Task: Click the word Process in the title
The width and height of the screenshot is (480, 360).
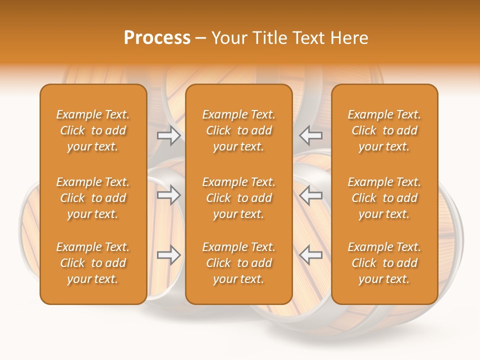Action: pos(157,38)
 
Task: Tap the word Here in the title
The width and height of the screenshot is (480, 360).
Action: pos(350,38)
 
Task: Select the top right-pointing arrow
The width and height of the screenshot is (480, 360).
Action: pos(168,135)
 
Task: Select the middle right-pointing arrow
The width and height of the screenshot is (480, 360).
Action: pos(168,195)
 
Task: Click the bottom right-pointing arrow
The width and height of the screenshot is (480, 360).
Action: pos(168,255)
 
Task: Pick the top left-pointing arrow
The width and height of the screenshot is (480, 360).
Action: pos(311,135)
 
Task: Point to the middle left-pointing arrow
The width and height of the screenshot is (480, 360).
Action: pos(311,195)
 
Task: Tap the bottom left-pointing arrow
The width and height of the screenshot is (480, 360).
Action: pos(311,255)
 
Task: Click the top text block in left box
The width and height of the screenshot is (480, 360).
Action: pos(93,130)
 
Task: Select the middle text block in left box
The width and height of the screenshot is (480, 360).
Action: pos(93,198)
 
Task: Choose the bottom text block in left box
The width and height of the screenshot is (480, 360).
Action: pos(93,263)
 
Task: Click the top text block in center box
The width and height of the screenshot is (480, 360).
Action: pos(239,130)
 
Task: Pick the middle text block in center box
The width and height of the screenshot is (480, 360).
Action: pos(239,198)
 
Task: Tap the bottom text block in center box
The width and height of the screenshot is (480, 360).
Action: pos(239,263)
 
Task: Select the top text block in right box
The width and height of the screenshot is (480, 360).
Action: pos(384,130)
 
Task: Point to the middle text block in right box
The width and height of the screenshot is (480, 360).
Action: pos(384,198)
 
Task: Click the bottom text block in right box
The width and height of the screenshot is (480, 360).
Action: pos(384,263)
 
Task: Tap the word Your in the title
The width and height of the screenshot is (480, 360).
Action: pos(227,38)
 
